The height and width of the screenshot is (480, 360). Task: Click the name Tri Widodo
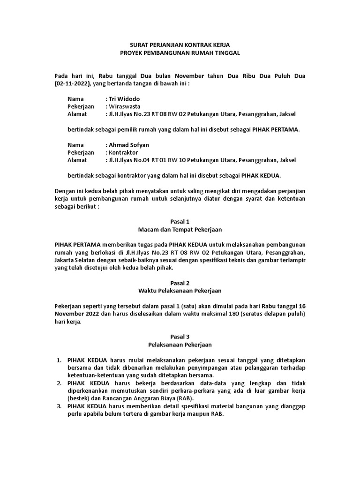(x=124, y=99)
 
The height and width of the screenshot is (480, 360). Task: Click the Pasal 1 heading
(x=180, y=221)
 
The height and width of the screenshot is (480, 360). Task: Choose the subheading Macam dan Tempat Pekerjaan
(x=180, y=229)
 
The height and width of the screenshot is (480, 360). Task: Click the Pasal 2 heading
(x=180, y=283)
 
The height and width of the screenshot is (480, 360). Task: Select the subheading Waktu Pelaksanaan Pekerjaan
(x=180, y=291)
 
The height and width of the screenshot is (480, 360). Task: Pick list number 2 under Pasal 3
(x=59, y=383)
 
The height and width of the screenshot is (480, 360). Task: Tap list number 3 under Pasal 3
(x=59, y=406)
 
